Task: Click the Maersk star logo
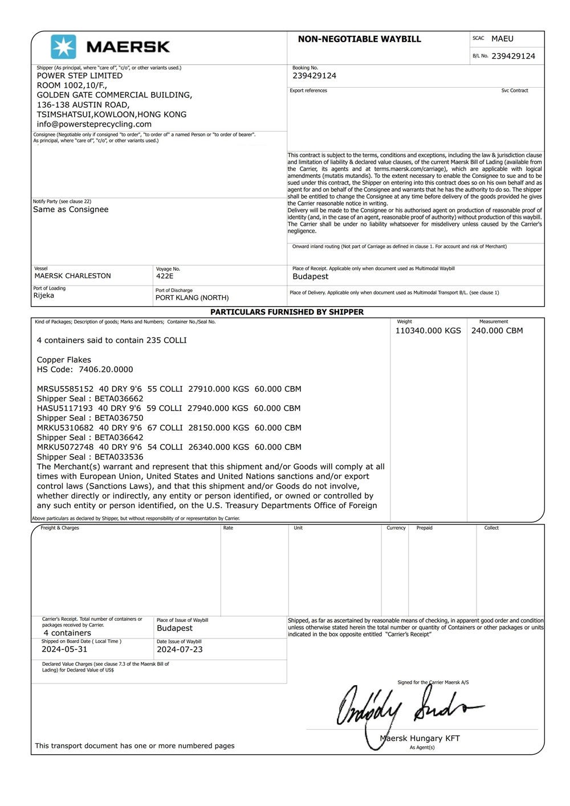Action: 63,47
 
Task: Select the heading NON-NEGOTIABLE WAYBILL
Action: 359,39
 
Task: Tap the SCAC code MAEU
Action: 502,39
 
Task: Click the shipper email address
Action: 94,124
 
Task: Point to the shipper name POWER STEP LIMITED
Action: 80,76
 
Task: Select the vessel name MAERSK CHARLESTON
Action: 72,276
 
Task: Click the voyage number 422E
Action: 165,276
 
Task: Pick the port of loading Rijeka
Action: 44,296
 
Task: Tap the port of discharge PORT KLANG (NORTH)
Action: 192,298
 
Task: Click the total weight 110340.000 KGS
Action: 428,331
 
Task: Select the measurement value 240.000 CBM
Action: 496,331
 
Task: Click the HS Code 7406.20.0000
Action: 105,369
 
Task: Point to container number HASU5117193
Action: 65,408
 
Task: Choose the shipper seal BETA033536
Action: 119,457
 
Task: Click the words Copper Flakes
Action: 64,360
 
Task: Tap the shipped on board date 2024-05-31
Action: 64,649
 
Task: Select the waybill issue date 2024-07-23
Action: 180,649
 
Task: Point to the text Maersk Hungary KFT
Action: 420,738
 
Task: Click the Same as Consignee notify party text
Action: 71,210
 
